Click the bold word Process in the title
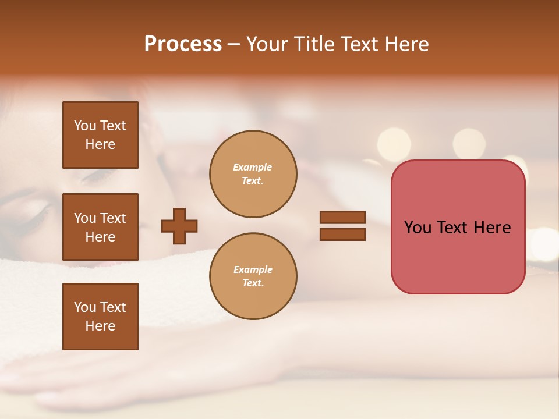click(183, 44)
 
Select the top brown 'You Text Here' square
click(100, 135)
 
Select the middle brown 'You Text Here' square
click(100, 227)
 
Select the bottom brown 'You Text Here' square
click(100, 317)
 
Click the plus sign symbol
click(179, 226)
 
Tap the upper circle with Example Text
click(253, 174)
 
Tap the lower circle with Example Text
click(253, 276)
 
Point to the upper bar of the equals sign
click(343, 217)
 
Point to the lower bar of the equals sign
click(343, 234)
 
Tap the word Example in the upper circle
click(253, 167)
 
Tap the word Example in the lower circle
click(253, 269)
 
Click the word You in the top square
click(85, 126)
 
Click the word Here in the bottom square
click(100, 326)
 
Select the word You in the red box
click(418, 227)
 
